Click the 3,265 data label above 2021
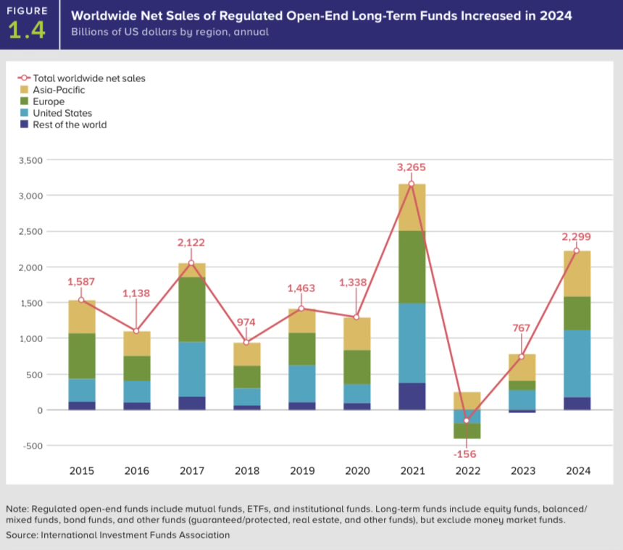pos(411,167)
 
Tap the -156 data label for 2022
pos(466,454)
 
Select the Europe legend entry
pos(49,101)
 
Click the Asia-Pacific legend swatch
pos(24,90)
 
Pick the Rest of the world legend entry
pos(70,125)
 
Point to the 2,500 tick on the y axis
pos(30,231)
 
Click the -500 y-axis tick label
pos(33,446)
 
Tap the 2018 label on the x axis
pos(247,471)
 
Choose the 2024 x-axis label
pos(577,471)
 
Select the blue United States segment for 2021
pos(412,343)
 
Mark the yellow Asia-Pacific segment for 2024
pos(577,274)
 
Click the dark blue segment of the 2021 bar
pos(412,396)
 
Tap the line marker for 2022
pos(467,420)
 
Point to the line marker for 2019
pos(302,308)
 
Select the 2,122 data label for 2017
pos(191,242)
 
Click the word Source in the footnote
pos(21,535)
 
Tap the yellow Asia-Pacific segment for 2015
pos(82,317)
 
